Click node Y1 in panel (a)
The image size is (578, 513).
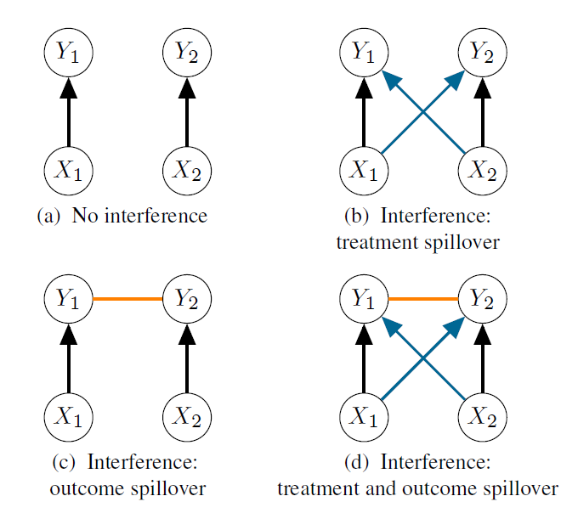69,53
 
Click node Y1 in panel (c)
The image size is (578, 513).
69,299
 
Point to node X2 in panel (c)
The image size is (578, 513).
186,416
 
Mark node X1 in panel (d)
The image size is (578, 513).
365,416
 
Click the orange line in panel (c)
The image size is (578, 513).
127,299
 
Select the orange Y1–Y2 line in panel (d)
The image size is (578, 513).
423,299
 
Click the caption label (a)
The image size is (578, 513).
49,216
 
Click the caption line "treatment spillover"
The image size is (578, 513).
417,242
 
